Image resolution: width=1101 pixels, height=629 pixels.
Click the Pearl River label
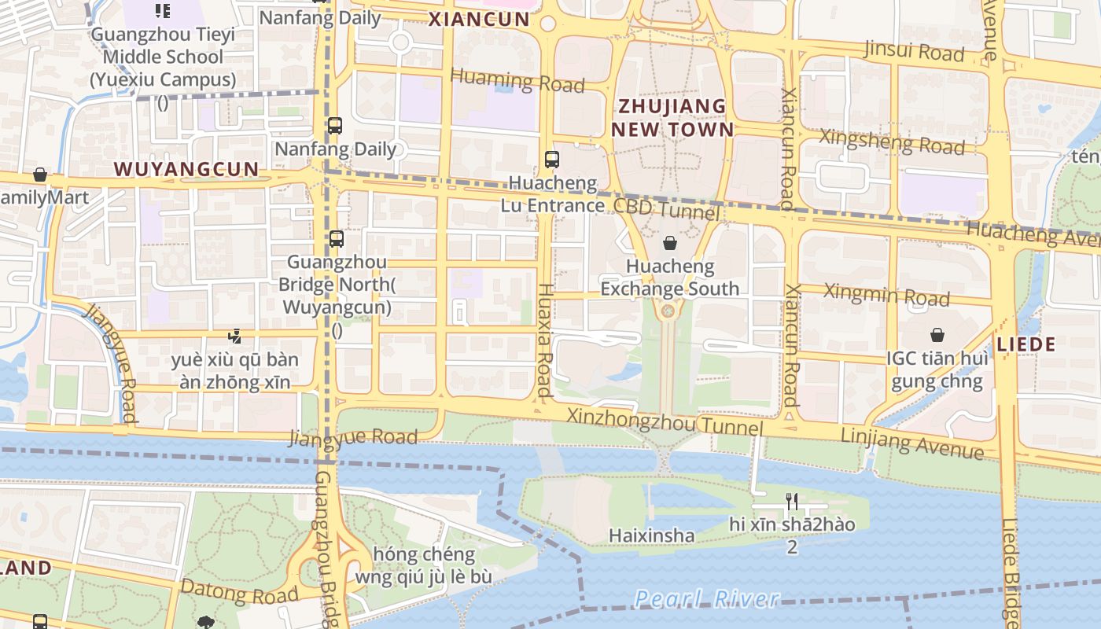pyautogui.click(x=707, y=599)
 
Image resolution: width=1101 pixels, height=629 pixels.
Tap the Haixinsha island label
pyautogui.click(x=651, y=536)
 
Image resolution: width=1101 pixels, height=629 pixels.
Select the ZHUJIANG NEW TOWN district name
pyautogui.click(x=672, y=118)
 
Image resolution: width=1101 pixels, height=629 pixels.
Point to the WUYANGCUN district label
pyautogui.click(x=186, y=169)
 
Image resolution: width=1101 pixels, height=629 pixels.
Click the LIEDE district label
pyautogui.click(x=1026, y=344)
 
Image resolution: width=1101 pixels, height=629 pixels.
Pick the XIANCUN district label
pyautogui.click(x=479, y=20)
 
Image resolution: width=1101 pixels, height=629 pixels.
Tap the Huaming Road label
pyautogui.click(x=517, y=80)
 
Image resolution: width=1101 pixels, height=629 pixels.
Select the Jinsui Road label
pyautogui.click(x=914, y=51)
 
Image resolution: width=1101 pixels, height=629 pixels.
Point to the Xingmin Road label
pyautogui.click(x=886, y=296)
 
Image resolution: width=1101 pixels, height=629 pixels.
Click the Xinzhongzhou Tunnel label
pyautogui.click(x=665, y=422)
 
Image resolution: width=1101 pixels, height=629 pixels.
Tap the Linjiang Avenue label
pyautogui.click(x=911, y=443)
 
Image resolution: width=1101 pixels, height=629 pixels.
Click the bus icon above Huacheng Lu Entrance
pyautogui.click(x=552, y=160)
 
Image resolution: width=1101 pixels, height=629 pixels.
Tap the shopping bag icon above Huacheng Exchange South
pyautogui.click(x=670, y=243)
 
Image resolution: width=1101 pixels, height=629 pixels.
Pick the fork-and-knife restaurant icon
pyautogui.click(x=792, y=501)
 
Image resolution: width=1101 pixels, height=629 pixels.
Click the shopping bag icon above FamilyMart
pyautogui.click(x=40, y=175)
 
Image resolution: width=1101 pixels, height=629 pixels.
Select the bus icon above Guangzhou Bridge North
pyautogui.click(x=337, y=239)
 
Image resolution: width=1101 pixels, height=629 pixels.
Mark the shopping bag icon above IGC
pyautogui.click(x=937, y=335)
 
